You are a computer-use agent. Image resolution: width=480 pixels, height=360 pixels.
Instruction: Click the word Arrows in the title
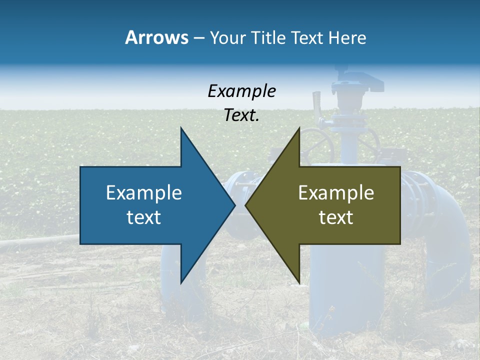(x=156, y=37)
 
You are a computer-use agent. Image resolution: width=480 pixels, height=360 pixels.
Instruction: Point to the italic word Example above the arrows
(x=241, y=91)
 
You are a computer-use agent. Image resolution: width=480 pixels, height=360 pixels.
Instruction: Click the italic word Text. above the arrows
(x=241, y=115)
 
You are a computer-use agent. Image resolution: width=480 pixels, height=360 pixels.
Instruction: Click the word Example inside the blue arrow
(x=144, y=192)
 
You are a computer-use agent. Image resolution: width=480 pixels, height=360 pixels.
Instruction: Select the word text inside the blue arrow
(x=144, y=217)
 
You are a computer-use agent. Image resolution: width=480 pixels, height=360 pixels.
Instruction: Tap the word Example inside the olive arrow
(x=336, y=192)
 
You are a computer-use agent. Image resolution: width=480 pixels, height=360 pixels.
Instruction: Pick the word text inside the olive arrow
(x=336, y=217)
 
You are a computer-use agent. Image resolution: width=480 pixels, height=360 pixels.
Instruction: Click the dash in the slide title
(x=198, y=38)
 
